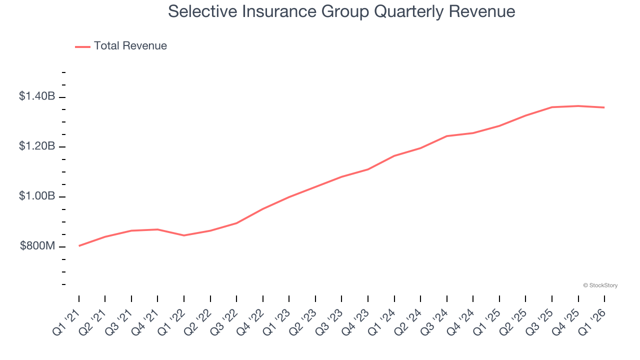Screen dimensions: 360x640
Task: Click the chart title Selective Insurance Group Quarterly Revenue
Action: click(341, 11)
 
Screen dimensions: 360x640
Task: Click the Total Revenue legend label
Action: click(130, 46)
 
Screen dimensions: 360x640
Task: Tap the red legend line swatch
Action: click(82, 46)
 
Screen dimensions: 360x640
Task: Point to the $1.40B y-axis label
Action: click(37, 96)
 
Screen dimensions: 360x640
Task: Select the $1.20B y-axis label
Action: click(37, 146)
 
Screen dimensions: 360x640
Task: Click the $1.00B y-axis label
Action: click(37, 196)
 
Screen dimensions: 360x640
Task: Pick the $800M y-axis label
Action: click(37, 246)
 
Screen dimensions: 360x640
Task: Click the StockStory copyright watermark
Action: click(600, 285)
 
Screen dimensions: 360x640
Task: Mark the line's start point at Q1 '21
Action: click(79, 246)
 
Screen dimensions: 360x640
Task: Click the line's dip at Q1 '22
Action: click(184, 235)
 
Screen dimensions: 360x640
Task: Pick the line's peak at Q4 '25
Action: click(578, 106)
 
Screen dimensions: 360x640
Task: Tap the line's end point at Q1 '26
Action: click(604, 107)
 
